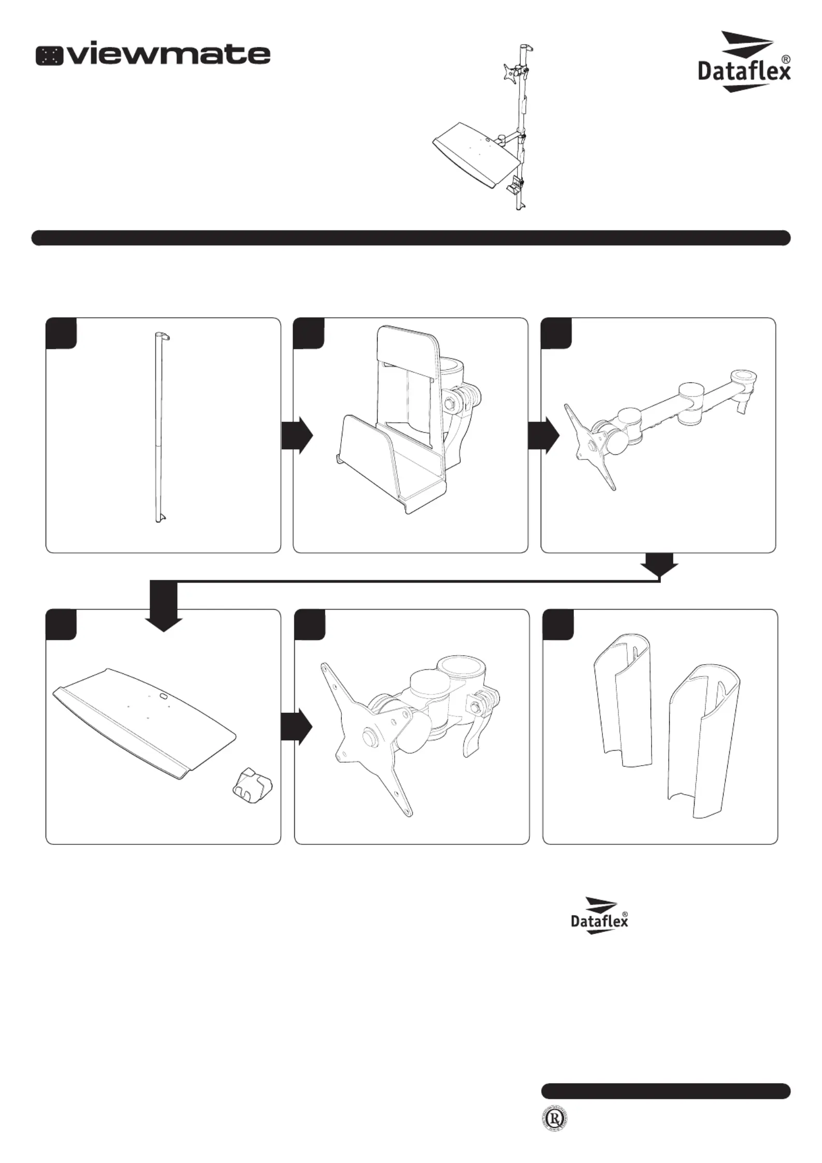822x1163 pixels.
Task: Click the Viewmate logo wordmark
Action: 153,54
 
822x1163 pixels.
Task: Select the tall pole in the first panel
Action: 158,427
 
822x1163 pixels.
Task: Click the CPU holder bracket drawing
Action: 409,420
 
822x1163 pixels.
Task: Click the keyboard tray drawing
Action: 145,720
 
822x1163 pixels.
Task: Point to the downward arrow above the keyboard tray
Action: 164,609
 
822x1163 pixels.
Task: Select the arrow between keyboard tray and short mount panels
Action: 297,726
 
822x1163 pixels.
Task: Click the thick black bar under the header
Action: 411,238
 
